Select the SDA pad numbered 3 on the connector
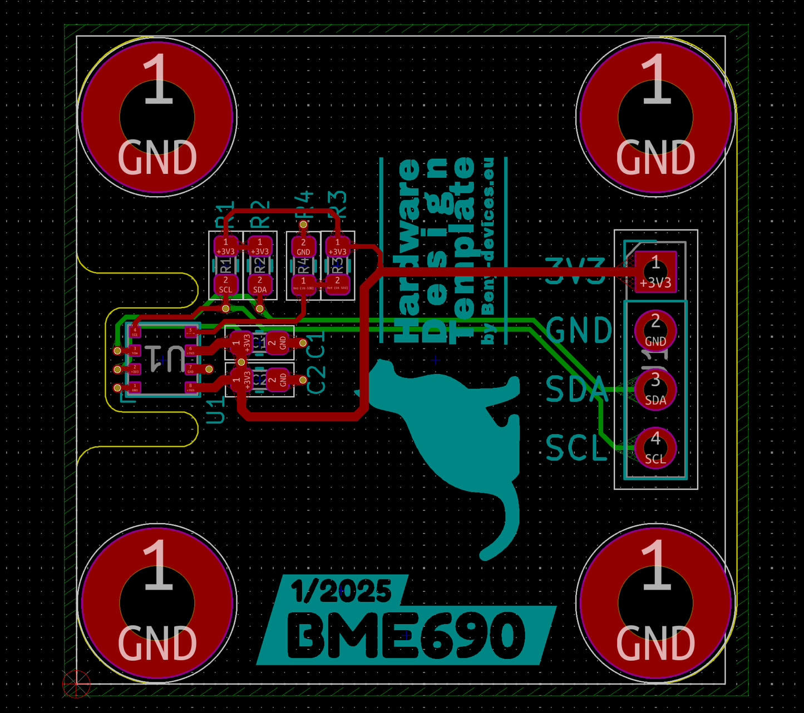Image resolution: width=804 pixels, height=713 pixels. [655, 389]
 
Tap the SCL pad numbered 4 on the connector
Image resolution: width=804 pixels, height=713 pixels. [655, 448]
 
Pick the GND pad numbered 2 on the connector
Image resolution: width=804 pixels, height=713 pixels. [655, 330]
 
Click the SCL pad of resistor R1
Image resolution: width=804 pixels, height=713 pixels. [225, 285]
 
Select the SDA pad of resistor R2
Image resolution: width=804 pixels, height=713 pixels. [259, 285]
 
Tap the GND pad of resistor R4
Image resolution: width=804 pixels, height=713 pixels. [303, 247]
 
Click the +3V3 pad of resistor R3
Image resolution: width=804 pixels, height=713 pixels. [337, 247]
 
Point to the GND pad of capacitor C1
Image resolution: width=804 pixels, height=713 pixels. [278, 343]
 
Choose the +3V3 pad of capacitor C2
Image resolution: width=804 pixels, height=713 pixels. [242, 380]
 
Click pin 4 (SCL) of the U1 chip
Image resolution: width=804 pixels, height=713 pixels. [135, 332]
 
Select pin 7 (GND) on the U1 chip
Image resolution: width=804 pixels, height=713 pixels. [190, 368]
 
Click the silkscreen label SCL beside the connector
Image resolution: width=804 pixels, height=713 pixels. [575, 448]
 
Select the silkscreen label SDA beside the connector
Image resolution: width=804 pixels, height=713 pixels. [575, 389]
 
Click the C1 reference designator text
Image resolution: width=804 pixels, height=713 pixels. [316, 343]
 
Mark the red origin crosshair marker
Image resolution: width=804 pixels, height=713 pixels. [76, 684]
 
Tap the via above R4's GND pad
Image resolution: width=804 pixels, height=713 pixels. [303, 225]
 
